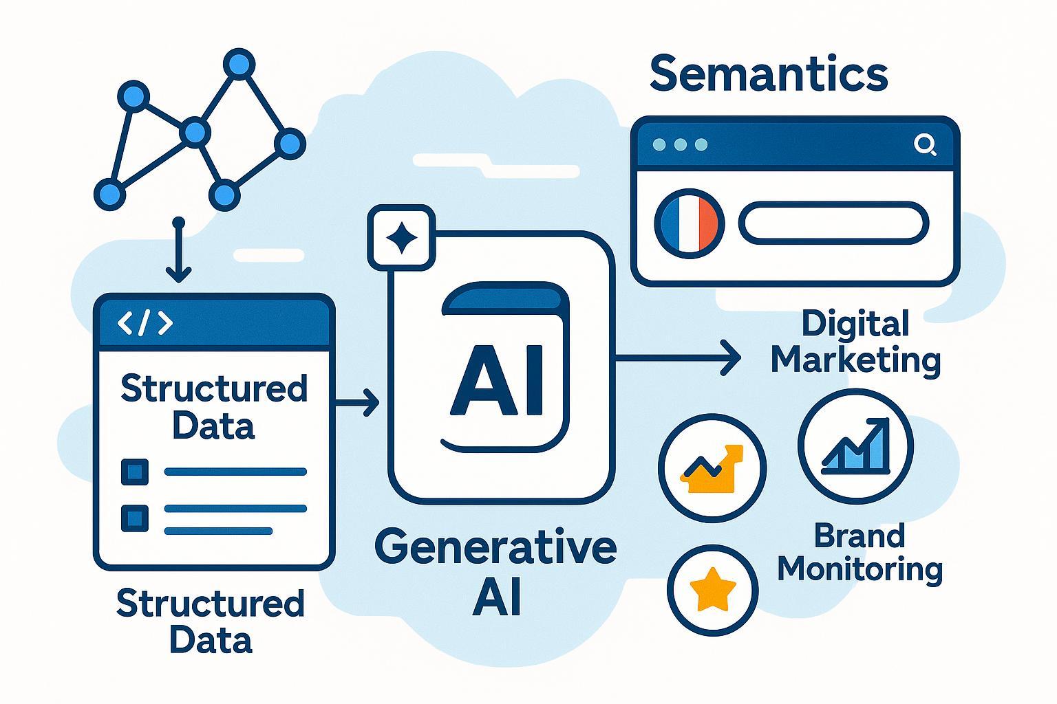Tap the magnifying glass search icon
pyautogui.click(x=925, y=144)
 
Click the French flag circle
pyautogui.click(x=690, y=223)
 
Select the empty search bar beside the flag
pyautogui.click(x=833, y=223)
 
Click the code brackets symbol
pyautogui.click(x=145, y=323)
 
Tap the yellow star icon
pyautogui.click(x=712, y=588)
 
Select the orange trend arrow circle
pyautogui.click(x=712, y=468)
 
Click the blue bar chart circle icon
pyautogui.click(x=855, y=445)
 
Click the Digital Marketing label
pyautogui.click(x=855, y=342)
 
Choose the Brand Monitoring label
pyautogui.click(x=860, y=553)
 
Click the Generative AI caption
pyautogui.click(x=495, y=571)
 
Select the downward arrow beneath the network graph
pyautogui.click(x=179, y=252)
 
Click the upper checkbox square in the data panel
pyautogui.click(x=134, y=472)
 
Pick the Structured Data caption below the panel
pyautogui.click(x=210, y=621)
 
